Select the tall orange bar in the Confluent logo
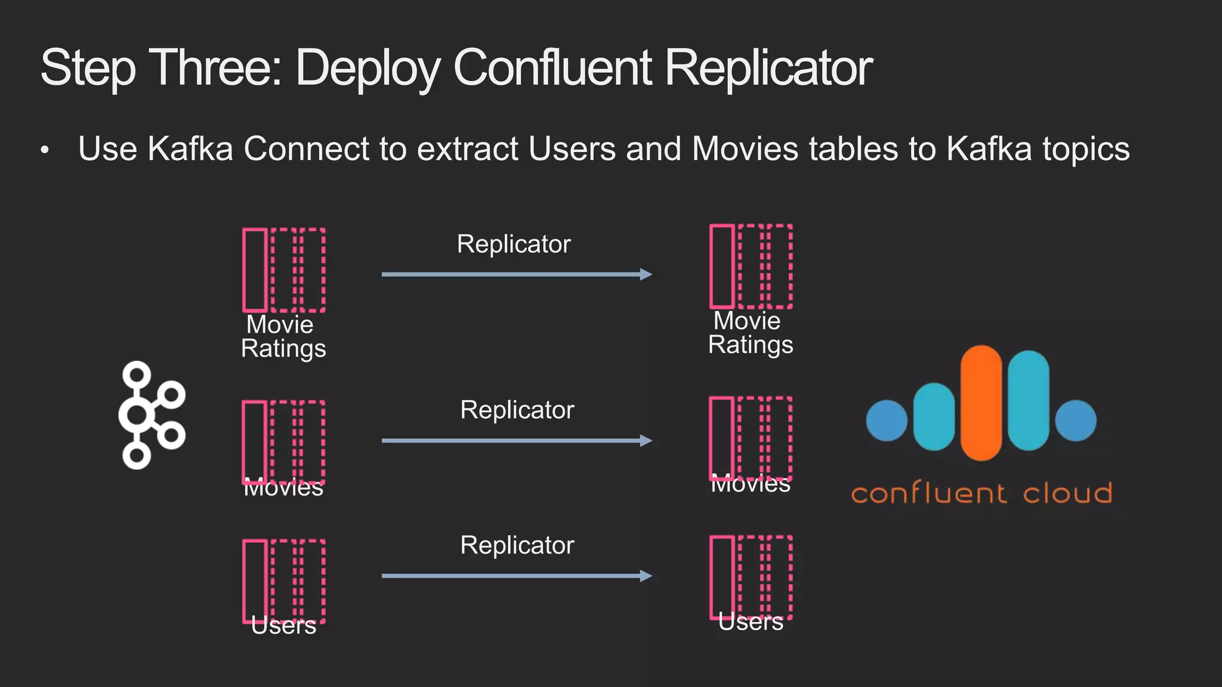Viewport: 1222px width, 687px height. pos(981,403)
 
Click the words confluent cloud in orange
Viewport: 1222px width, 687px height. pos(982,494)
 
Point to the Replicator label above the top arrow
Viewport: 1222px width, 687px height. pos(514,244)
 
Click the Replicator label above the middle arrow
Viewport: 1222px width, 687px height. pos(517,410)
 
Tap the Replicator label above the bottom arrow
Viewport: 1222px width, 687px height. pos(517,545)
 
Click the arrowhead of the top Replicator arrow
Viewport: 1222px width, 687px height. pos(646,274)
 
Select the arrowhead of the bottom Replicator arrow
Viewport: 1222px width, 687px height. pos(646,576)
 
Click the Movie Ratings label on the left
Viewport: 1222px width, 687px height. pos(283,337)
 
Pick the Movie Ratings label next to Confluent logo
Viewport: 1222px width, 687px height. pos(750,333)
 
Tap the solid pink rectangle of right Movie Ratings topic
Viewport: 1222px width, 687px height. pos(722,266)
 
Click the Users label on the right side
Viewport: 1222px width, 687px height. pos(750,622)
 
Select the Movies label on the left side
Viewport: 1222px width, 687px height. pos(283,488)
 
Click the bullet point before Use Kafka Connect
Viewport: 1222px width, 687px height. pos(45,151)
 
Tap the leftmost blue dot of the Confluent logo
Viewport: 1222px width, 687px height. pos(887,420)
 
